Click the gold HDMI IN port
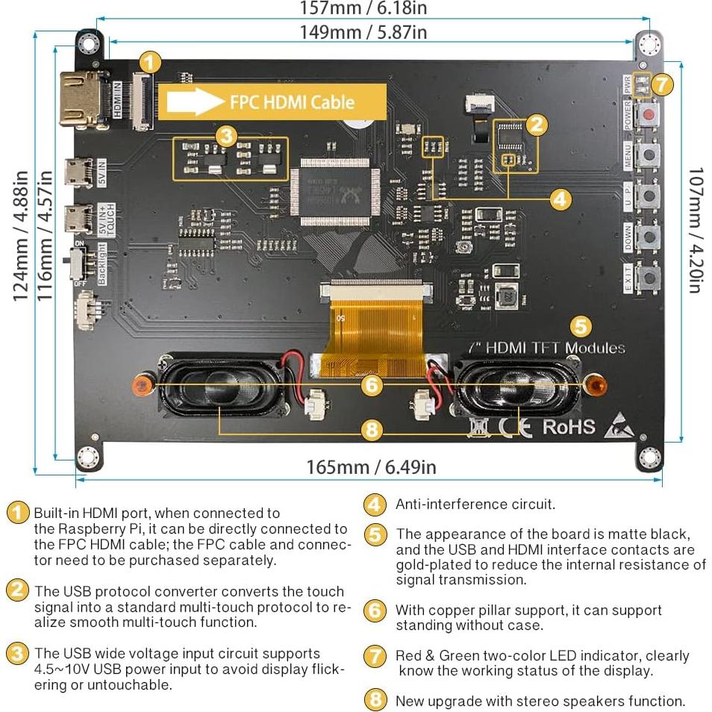pos(83,99)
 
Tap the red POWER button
pos(650,114)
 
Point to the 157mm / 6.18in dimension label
pos(363,9)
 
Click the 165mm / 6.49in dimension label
pos(371,467)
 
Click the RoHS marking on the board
pos(569,427)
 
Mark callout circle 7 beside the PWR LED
pos(662,84)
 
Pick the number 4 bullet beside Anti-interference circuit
pos(375,505)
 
